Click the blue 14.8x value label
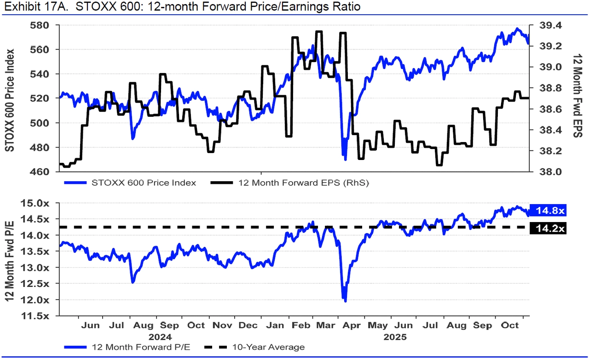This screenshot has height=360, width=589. pos(549,211)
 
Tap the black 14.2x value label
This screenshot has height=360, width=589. pos(549,228)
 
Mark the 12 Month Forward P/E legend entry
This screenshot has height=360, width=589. pos(133,347)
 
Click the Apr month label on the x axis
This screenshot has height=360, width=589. pos(352,326)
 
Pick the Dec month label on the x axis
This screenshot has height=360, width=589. pos(248,326)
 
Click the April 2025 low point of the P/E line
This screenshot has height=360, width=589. pos(345,301)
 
